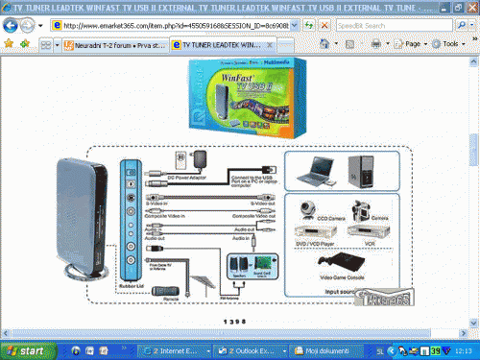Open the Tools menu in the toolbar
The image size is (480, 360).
pyautogui.click(x=447, y=44)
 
